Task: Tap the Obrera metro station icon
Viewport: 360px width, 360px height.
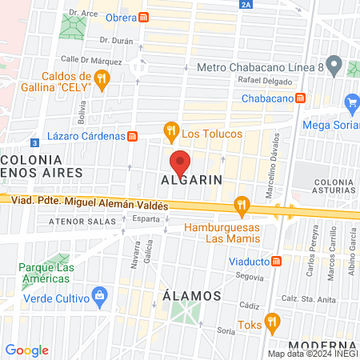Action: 143,17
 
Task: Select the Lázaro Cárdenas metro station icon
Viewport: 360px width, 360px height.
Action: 133,136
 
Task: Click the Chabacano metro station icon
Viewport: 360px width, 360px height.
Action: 299,97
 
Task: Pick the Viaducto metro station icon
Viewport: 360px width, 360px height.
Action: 276,260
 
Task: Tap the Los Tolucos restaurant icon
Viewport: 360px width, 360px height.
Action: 170,129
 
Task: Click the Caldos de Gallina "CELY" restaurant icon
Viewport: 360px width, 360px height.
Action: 101,78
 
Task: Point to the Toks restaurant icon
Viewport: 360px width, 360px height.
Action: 272,322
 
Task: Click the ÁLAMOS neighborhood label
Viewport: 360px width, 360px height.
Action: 192,295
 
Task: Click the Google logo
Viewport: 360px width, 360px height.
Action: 27,350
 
